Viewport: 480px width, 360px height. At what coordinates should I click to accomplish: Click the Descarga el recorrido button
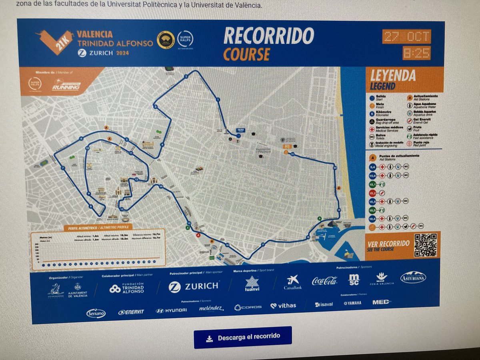(x=242, y=337)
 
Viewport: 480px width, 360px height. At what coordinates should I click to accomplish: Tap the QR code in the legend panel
(x=425, y=245)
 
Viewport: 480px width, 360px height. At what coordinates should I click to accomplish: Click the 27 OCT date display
(x=406, y=36)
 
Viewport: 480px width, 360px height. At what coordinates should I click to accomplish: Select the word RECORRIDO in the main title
(x=268, y=36)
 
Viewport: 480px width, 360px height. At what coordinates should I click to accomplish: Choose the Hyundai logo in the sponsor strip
(x=171, y=310)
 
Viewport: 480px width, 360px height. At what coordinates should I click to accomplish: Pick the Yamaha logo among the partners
(x=352, y=303)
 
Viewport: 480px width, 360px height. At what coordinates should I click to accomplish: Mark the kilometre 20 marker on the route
(x=335, y=168)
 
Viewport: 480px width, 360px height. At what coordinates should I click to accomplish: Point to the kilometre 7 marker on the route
(x=63, y=168)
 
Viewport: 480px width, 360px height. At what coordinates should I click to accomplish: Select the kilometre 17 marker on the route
(x=263, y=244)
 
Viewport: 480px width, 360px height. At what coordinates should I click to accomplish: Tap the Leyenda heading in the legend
(x=393, y=76)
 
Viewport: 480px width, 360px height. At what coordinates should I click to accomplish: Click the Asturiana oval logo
(x=413, y=277)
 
